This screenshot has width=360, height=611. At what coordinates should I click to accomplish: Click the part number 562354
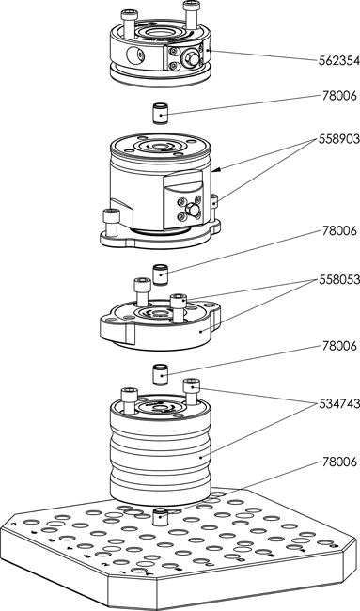339,61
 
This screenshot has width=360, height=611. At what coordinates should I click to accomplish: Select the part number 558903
339,139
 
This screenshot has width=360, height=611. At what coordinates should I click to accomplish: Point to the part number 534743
339,404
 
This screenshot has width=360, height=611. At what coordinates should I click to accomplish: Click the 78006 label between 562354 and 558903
339,96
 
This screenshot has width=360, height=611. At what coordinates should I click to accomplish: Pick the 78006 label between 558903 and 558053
339,230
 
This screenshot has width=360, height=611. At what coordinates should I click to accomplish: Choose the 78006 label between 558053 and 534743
339,346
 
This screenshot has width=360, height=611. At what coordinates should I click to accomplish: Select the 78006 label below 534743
339,462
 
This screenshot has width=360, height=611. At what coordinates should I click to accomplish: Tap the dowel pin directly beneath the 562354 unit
160,114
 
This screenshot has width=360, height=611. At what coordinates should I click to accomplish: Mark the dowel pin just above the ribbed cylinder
160,375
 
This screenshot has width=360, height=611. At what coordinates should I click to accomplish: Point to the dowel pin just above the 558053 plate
160,274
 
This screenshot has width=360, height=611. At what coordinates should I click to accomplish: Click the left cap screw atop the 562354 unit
128,24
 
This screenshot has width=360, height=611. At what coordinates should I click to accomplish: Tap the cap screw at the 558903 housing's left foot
110,223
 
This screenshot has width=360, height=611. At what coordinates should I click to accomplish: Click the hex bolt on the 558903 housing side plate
193,211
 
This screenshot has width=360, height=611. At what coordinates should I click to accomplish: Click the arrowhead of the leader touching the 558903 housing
215,170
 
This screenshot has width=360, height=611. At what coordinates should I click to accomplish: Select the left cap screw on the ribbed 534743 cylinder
129,400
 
